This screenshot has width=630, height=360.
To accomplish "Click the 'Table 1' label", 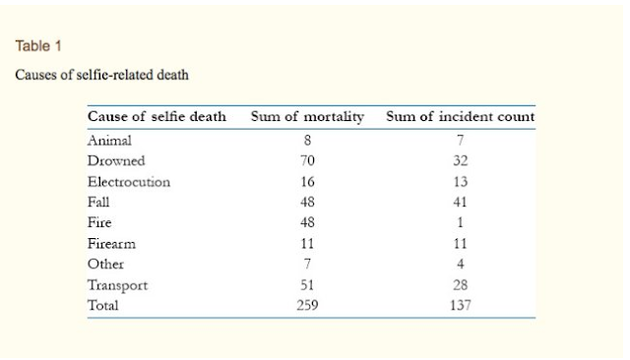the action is tap(38, 46).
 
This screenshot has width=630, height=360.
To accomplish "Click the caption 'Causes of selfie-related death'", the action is tap(101, 75).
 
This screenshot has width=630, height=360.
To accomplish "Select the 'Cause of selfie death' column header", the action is tap(157, 116).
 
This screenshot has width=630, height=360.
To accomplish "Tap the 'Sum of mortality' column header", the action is tap(307, 117).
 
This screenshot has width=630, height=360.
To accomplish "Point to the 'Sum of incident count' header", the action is tap(461, 116).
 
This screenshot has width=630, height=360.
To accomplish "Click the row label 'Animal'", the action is tap(109, 141).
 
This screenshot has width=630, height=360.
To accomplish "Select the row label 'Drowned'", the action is tap(116, 161).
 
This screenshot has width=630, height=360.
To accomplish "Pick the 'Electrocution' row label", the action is tap(129, 182).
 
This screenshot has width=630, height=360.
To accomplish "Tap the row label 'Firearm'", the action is tap(111, 244).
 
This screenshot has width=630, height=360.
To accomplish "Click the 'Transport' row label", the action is tap(118, 285).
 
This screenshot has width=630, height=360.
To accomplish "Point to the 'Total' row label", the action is tap(102, 306).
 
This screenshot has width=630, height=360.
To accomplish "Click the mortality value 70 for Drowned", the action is tap(307, 161).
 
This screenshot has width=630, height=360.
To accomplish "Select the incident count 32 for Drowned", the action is tap(461, 161).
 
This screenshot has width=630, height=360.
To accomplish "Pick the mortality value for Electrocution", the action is tap(307, 182).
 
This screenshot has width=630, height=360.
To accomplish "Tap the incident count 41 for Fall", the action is tap(461, 202).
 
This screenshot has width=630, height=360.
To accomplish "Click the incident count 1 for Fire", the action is tap(461, 222).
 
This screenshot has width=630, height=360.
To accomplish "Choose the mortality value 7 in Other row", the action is tap(307, 264).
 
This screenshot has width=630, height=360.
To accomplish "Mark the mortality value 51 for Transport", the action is tap(307, 285).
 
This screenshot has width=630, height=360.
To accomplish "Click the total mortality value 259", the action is tap(307, 306).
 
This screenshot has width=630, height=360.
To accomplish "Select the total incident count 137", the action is tap(461, 306).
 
